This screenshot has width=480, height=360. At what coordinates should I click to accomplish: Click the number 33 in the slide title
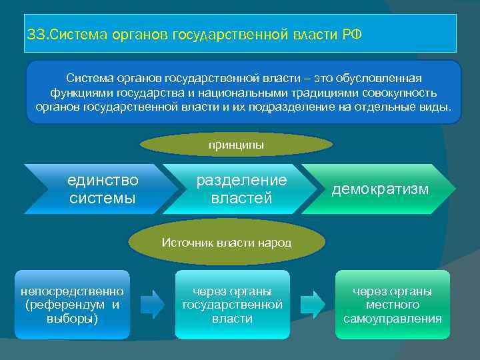pyautogui.click(x=33, y=34)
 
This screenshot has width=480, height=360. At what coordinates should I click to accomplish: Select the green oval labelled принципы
pyautogui.click(x=236, y=144)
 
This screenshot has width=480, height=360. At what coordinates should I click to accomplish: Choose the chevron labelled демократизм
pyautogui.click(x=380, y=189)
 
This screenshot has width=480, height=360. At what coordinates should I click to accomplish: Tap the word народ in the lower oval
pyautogui.click(x=275, y=243)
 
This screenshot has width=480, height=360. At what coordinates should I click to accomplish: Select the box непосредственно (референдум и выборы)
pyautogui.click(x=72, y=305)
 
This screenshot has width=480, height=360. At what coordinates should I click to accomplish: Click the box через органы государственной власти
pyautogui.click(x=232, y=305)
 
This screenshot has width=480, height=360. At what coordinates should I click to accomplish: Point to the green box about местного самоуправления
pyautogui.click(x=392, y=305)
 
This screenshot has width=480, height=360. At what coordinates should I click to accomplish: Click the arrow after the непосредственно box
pyautogui.click(x=153, y=304)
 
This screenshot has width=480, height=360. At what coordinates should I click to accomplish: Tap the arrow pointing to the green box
pyautogui.click(x=312, y=304)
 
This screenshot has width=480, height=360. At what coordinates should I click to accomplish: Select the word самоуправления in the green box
pyautogui.click(x=392, y=319)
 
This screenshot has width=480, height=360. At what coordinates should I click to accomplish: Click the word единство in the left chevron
pyautogui.click(x=103, y=181)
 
